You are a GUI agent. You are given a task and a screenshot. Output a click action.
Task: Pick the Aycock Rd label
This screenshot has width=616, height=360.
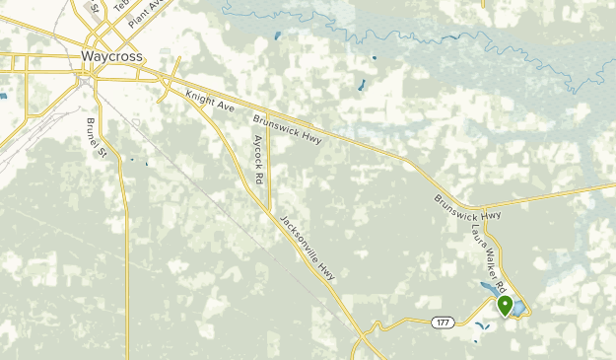(x=258, y=160)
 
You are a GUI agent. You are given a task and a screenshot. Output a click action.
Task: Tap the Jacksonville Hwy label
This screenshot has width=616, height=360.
(x=308, y=249)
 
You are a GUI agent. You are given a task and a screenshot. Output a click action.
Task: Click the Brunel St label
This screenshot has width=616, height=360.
(x=96, y=135)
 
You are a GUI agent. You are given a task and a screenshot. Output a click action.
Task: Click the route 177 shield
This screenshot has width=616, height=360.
(x=441, y=322)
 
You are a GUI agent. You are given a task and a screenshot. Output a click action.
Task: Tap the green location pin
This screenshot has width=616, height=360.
(x=506, y=306)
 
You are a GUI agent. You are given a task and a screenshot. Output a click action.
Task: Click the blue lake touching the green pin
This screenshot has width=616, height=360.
(x=516, y=308)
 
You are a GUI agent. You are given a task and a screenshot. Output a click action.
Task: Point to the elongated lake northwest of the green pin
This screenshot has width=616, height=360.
(x=488, y=289)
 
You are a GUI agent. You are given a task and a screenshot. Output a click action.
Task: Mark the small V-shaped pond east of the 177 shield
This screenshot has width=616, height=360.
(x=480, y=326)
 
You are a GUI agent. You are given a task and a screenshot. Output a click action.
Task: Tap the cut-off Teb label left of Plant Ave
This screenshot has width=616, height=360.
(x=120, y=7)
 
